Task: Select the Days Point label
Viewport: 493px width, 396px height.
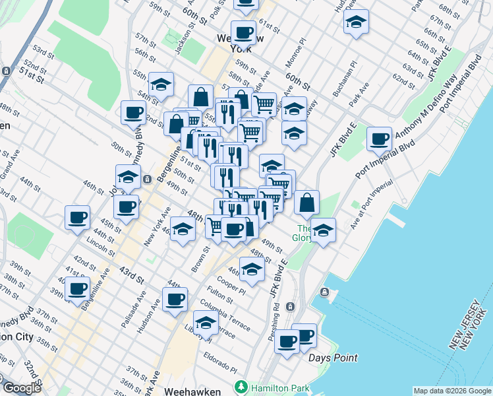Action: coord(333,358)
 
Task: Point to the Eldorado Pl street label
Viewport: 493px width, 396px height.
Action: coord(221,363)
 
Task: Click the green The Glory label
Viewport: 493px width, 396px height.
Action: coord(303,233)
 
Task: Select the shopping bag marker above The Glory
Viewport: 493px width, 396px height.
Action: coord(306,203)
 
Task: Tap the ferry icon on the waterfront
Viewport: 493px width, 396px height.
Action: coord(324,292)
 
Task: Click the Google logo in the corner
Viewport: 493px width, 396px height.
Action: coord(22,389)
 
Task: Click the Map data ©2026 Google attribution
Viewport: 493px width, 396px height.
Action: coord(452,391)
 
